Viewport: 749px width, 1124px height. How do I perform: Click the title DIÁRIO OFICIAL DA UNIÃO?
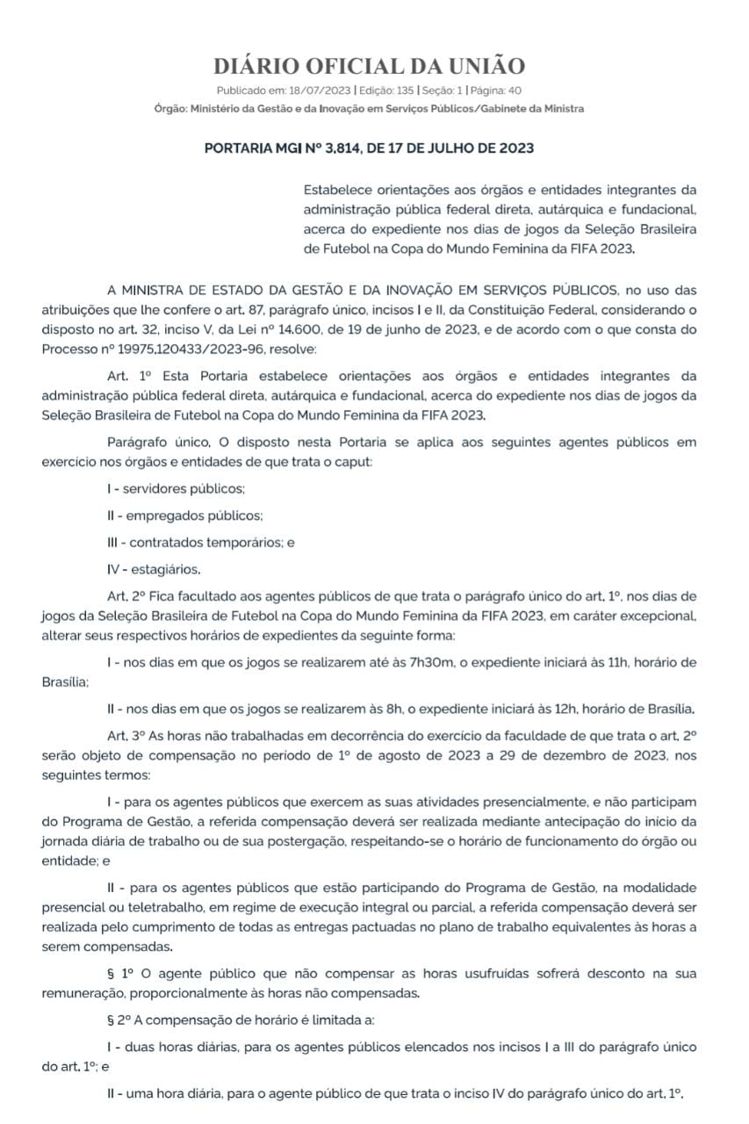tap(370, 67)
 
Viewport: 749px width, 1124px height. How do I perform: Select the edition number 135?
tap(405, 90)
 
